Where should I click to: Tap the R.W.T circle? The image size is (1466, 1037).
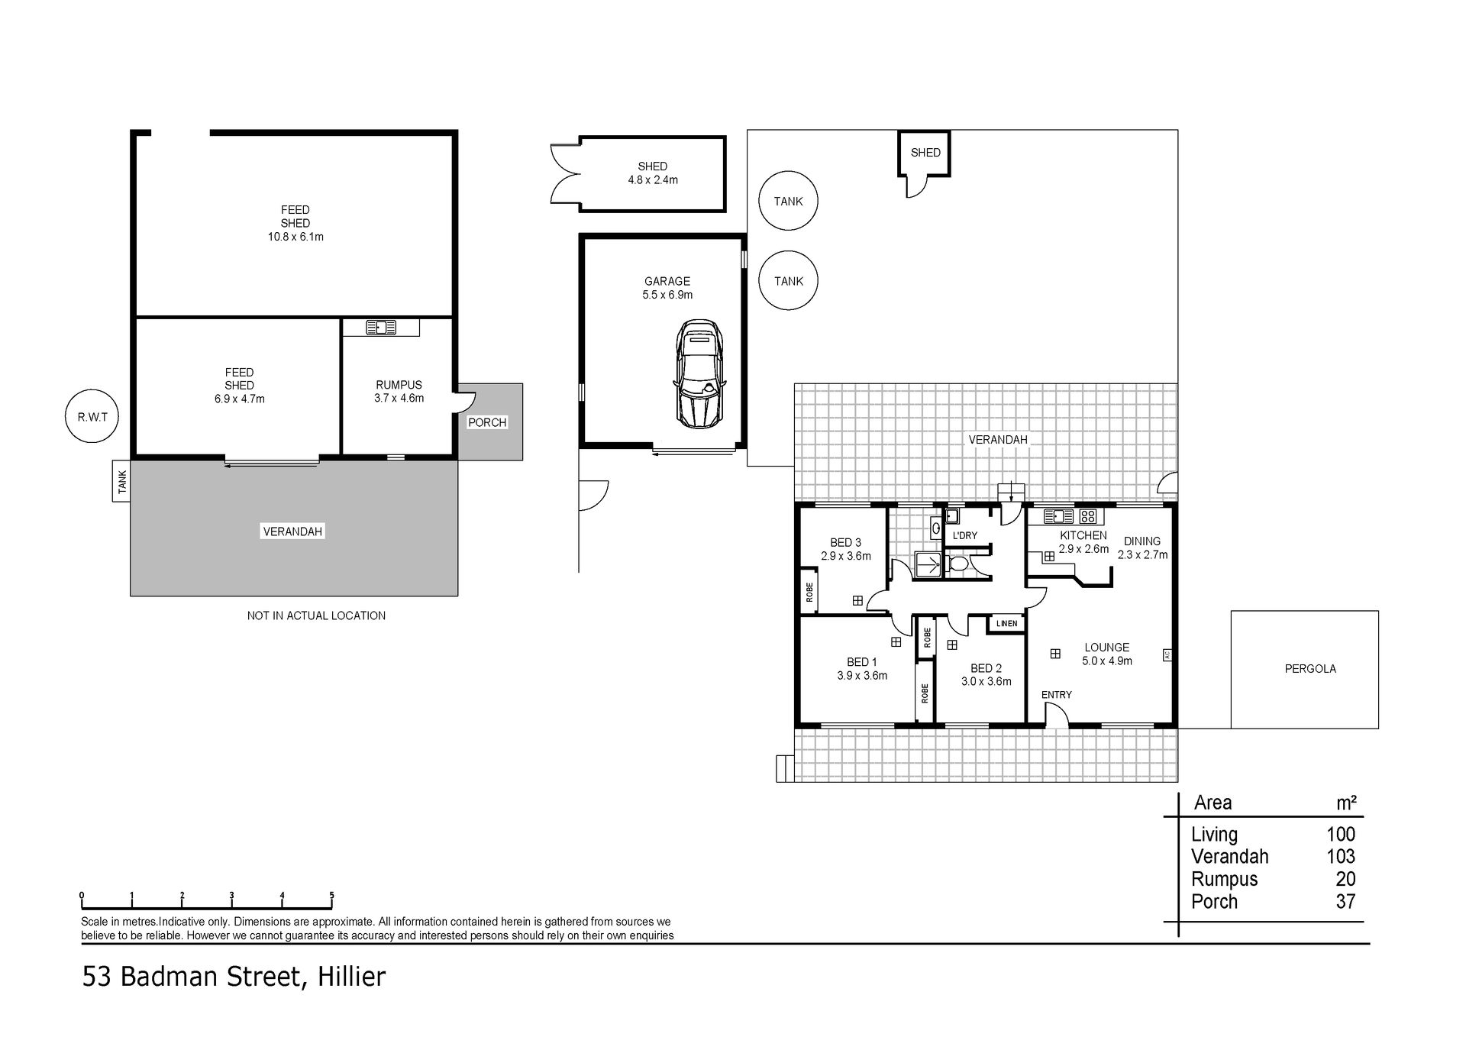(x=92, y=417)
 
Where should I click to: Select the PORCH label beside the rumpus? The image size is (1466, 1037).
(x=487, y=422)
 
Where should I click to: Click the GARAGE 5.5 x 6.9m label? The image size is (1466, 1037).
(x=667, y=288)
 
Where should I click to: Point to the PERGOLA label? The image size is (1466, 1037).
(x=1310, y=669)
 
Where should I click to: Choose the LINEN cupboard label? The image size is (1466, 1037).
(x=1006, y=623)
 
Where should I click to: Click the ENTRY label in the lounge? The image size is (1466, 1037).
(x=1057, y=695)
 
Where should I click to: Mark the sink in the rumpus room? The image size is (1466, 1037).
(x=380, y=328)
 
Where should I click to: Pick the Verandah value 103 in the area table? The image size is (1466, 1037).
(x=1341, y=857)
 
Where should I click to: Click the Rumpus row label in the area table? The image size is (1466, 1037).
(x=1223, y=879)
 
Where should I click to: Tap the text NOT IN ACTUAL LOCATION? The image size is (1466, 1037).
(x=316, y=615)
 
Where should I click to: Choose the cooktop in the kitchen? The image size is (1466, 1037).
(x=1087, y=516)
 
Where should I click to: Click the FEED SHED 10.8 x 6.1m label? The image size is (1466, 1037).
(x=295, y=223)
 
